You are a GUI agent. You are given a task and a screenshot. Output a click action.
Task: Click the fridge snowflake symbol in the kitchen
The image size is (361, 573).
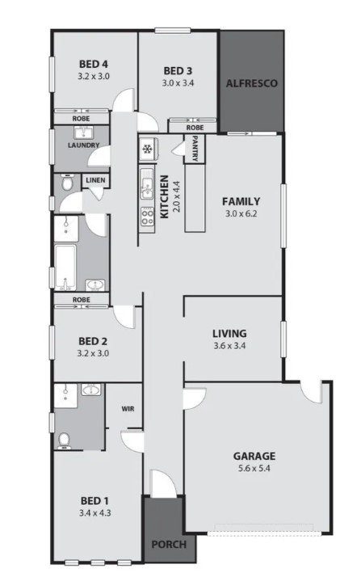pos(147,149)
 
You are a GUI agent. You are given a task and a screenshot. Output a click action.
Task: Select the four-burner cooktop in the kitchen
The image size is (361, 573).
pos(147,216)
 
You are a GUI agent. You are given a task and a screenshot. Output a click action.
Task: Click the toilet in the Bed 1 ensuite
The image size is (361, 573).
pos(65,439)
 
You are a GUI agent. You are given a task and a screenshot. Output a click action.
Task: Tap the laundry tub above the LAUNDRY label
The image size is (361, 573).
pos(84,133)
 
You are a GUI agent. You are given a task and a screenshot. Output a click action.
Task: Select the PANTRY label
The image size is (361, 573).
pos(195,150)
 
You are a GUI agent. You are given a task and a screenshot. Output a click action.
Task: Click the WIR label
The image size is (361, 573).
pos(128,409)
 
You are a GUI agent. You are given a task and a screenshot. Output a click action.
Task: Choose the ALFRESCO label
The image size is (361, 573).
pos(252,83)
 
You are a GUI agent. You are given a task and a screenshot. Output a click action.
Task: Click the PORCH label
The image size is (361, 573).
pos(169,544)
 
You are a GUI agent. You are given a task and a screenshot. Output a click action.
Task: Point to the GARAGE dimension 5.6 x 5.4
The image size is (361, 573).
pos(255,469)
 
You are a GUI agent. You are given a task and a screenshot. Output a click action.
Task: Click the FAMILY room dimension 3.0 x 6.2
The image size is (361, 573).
pos(242,215)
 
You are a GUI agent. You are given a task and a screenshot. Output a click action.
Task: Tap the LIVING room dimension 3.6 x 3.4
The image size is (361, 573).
pos(229,346)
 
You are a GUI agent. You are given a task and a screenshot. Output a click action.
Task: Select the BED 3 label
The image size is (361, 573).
pos(178,70)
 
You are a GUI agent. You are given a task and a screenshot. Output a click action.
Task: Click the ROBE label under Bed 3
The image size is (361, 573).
pos(194,127)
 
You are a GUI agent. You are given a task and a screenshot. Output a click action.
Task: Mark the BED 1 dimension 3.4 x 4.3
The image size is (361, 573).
pos(93,512)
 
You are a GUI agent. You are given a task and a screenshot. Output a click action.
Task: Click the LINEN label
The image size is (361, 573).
pos(94,180)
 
